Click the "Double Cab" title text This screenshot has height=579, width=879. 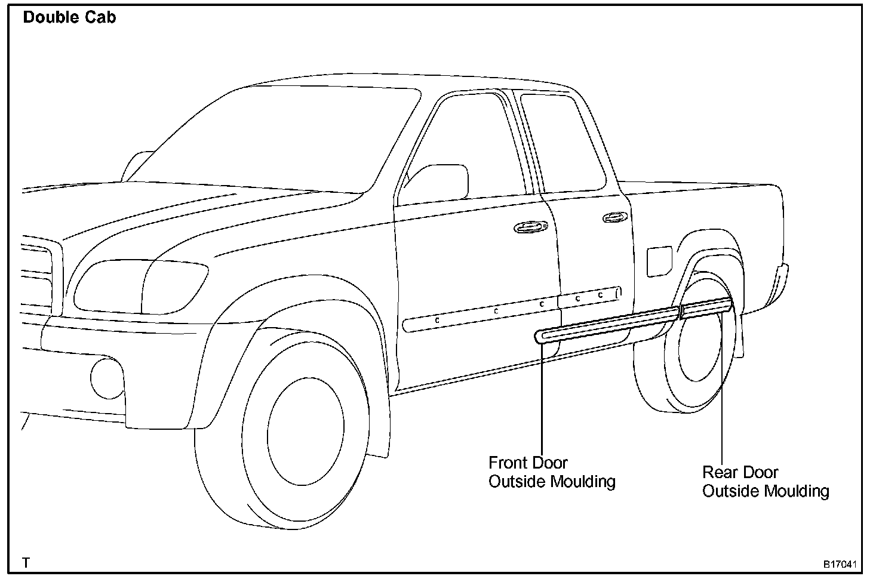coord(69,17)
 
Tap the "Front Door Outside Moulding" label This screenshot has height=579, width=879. coord(551,472)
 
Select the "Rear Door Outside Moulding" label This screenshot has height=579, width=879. coord(765,481)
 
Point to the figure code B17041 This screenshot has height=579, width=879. coord(840,563)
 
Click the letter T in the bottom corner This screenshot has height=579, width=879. coord(26,562)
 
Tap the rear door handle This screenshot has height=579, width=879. coord(614,217)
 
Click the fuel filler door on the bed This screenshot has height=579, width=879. coord(659,261)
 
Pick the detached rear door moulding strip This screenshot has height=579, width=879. coord(706,307)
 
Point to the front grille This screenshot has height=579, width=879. coord(39,275)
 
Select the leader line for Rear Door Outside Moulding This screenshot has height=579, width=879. coord(722,388)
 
